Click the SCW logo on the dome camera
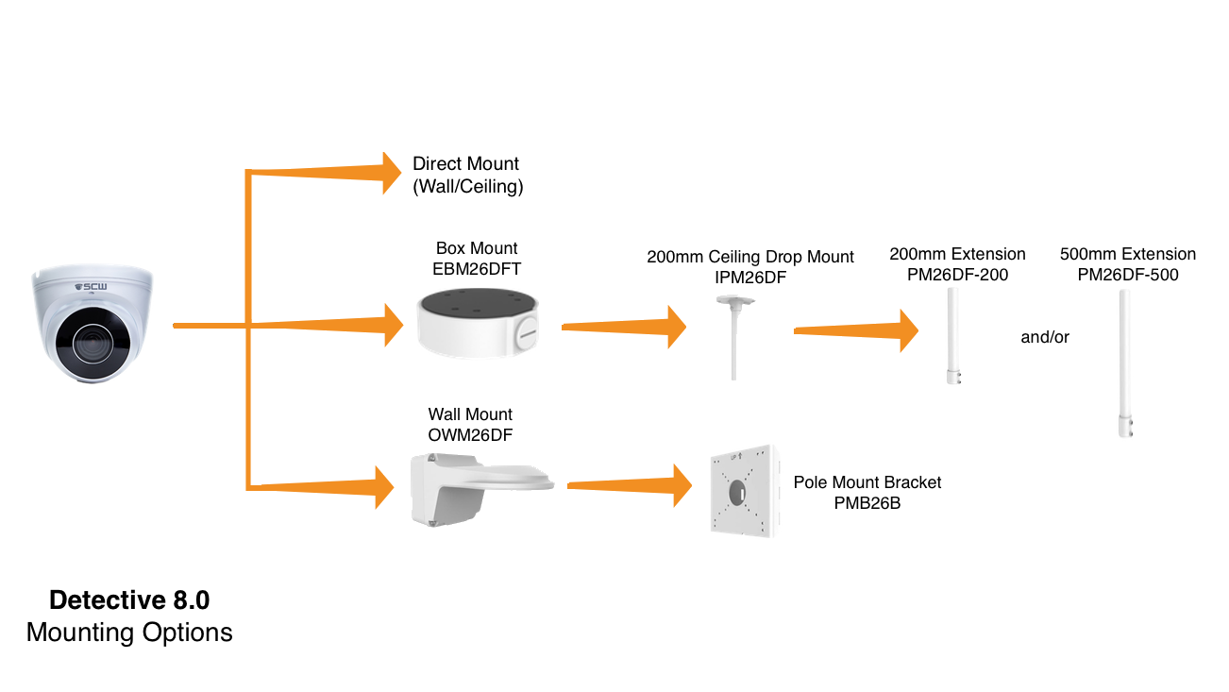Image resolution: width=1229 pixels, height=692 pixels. click(91, 286)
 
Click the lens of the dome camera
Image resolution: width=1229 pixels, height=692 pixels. click(93, 343)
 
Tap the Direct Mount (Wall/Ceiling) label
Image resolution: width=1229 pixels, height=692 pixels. click(467, 175)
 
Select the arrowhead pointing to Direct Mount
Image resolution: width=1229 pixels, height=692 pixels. click(392, 174)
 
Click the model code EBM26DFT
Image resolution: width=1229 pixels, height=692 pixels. click(477, 269)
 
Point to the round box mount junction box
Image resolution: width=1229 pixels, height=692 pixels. click(478, 323)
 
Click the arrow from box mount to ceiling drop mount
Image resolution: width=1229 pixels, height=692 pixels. click(624, 327)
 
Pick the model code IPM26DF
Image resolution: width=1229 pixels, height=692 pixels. click(750, 278)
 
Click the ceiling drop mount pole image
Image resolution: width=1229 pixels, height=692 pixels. click(734, 337)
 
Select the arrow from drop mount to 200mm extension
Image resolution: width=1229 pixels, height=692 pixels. click(856, 330)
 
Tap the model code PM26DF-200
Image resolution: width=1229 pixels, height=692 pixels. click(957, 275)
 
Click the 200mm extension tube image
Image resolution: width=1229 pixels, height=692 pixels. click(953, 336)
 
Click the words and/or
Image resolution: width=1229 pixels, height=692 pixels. click(1045, 337)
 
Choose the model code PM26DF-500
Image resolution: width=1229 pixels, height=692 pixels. click(1127, 275)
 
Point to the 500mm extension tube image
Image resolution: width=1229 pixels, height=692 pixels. click(1125, 363)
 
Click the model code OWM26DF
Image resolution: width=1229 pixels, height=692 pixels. click(470, 435)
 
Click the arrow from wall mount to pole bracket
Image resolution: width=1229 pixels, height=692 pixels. click(630, 485)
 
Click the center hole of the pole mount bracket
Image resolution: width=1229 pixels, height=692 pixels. click(737, 492)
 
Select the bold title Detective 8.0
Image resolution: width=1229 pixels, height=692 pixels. click(129, 599)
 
